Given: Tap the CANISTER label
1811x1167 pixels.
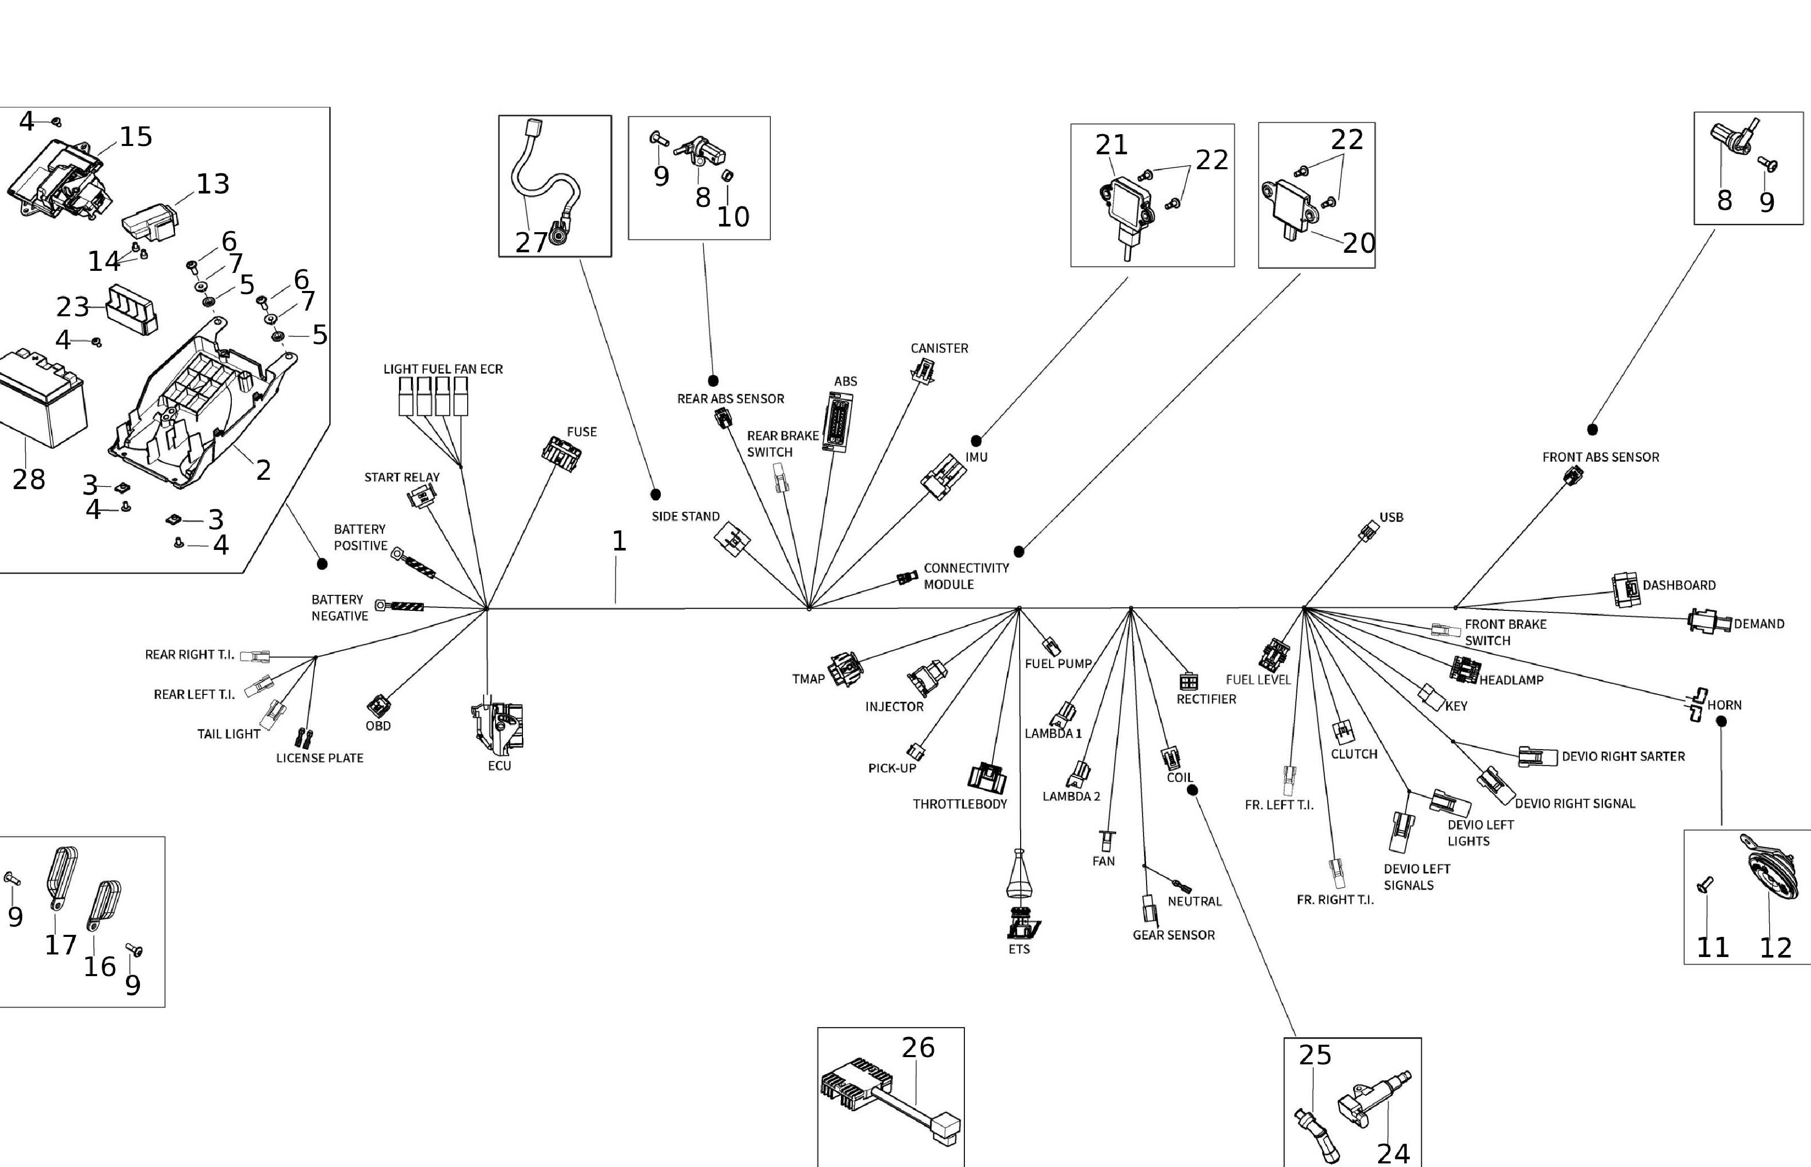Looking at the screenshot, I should click(x=939, y=349).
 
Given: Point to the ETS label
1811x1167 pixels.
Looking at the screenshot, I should click(x=1019, y=949).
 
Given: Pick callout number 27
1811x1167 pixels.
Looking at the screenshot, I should click(x=531, y=242).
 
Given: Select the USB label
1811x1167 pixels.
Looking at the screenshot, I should click(x=1391, y=517).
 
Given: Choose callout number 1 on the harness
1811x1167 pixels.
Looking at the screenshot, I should click(x=618, y=541).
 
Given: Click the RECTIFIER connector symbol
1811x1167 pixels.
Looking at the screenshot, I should click(x=1188, y=680).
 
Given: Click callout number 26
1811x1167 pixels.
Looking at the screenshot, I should click(x=918, y=1048).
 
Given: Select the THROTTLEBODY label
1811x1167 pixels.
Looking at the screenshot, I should click(x=960, y=804).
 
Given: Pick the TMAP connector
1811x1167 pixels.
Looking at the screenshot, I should click(x=845, y=669).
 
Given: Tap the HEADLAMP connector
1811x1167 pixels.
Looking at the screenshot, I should click(x=1465, y=669).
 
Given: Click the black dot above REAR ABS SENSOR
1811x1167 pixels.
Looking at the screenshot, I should click(x=712, y=380).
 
